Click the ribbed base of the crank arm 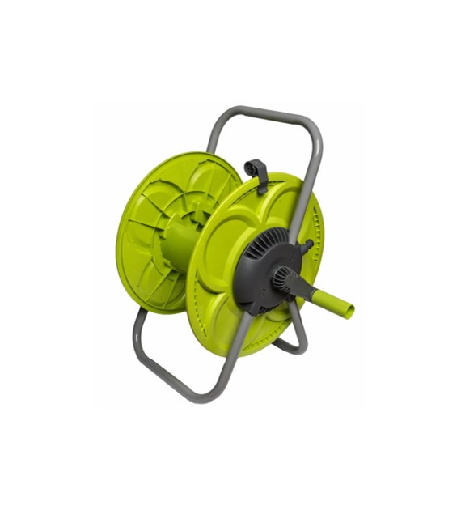pyautogui.click(x=283, y=279)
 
